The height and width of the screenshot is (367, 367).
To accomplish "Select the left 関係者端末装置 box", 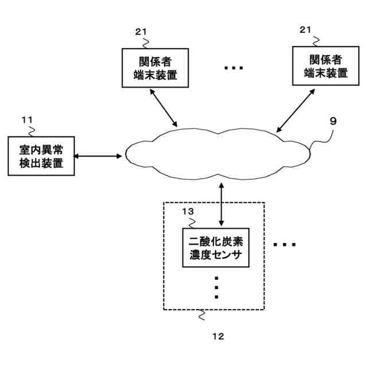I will coord(155,68).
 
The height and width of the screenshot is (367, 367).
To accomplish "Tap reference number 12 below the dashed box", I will coord(218,335).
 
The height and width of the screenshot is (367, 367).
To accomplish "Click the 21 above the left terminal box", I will coord(141,32).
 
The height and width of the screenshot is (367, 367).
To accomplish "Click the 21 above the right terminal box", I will coord(306,29).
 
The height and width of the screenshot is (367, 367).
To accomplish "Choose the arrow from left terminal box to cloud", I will coord(165,107).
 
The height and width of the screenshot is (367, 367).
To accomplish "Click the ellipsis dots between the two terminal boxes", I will coord(233,68).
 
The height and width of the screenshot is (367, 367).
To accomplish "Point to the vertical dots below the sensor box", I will coord(216,287).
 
